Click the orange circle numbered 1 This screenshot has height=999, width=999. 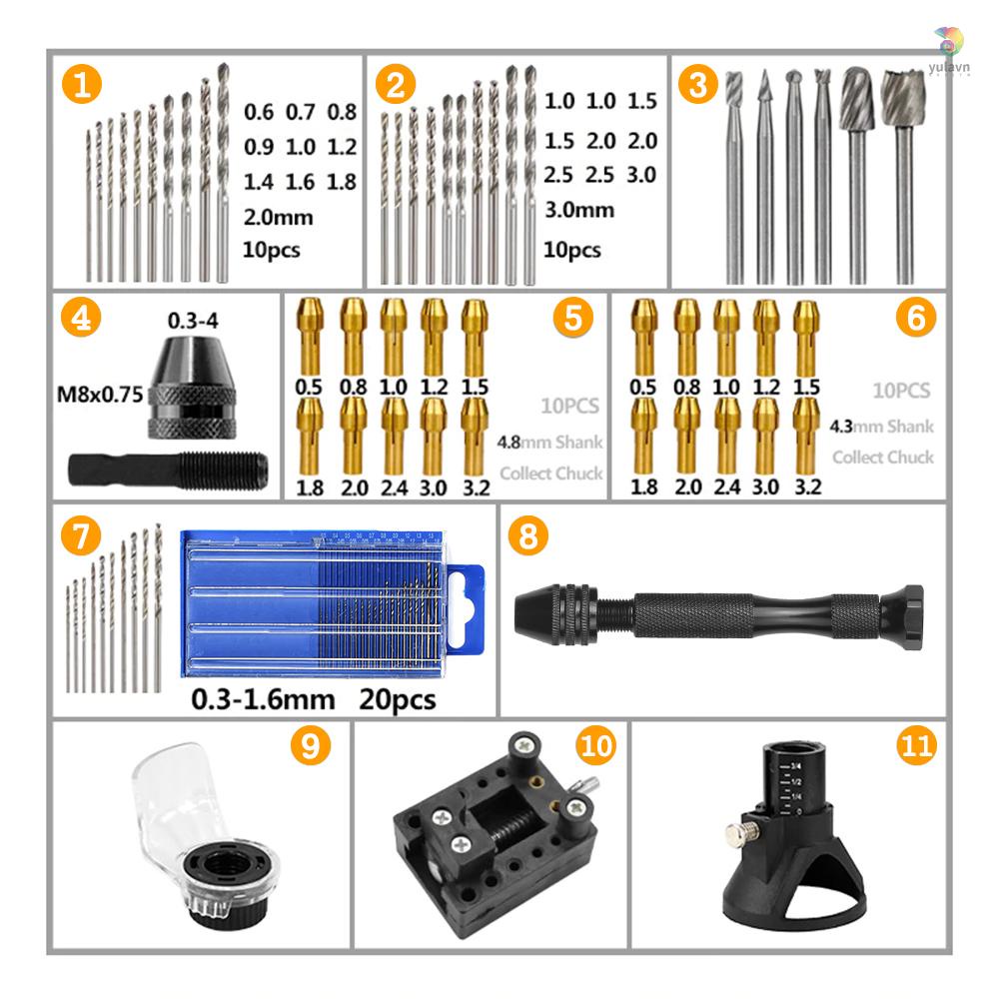pos(82,84)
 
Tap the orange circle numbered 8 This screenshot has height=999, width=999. pos(527,536)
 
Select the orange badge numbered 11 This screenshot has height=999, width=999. pos(916,745)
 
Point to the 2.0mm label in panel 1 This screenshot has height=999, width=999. pos(279,217)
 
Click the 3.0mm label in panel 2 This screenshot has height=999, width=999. pos(578,211)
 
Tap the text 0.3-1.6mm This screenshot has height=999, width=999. pos(262,698)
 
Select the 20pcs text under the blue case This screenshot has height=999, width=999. pos(397,698)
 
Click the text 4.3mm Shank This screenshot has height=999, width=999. pos(882,427)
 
